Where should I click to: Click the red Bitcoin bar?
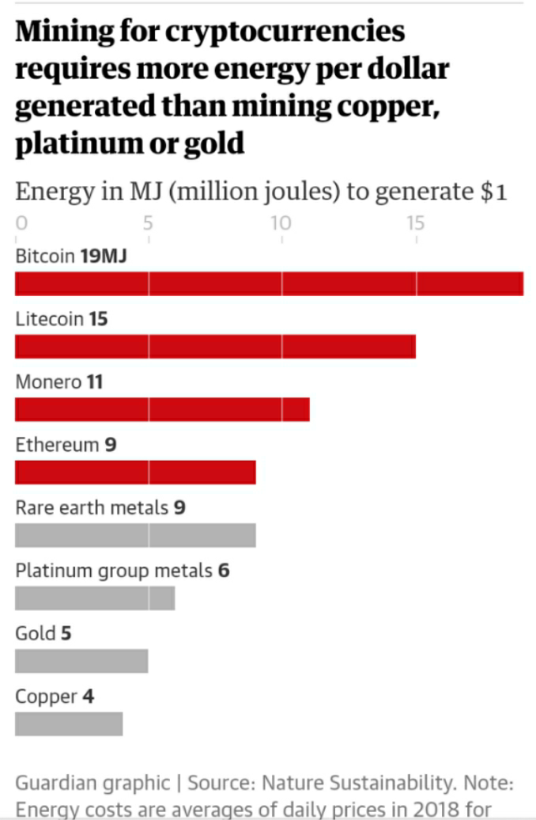[269, 283]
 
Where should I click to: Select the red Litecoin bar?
[215, 347]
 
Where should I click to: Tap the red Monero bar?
[162, 409]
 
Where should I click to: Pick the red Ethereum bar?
[135, 472]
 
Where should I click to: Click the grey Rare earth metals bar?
[135, 535]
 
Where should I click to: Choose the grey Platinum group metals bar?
[95, 598]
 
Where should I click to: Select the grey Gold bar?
[81, 661]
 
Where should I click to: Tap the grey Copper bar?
[69, 724]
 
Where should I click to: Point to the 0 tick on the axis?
[21, 223]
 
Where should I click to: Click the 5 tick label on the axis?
[148, 223]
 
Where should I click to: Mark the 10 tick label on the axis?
[281, 223]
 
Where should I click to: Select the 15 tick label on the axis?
[416, 223]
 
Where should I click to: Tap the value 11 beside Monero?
[95, 382]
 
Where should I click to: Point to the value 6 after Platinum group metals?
[224, 570]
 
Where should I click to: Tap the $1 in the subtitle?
[493, 192]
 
